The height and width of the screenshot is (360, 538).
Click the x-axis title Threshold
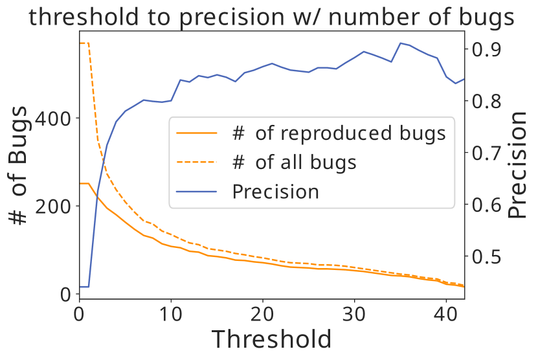pyautogui.click(x=272, y=339)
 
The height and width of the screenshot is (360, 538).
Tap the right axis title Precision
pyautogui.click(x=517, y=165)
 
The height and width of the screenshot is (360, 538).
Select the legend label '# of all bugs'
pyautogui.click(x=294, y=162)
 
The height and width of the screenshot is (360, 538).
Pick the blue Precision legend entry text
pyautogui.click(x=276, y=192)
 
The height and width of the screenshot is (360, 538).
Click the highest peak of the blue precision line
pyautogui.click(x=401, y=43)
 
